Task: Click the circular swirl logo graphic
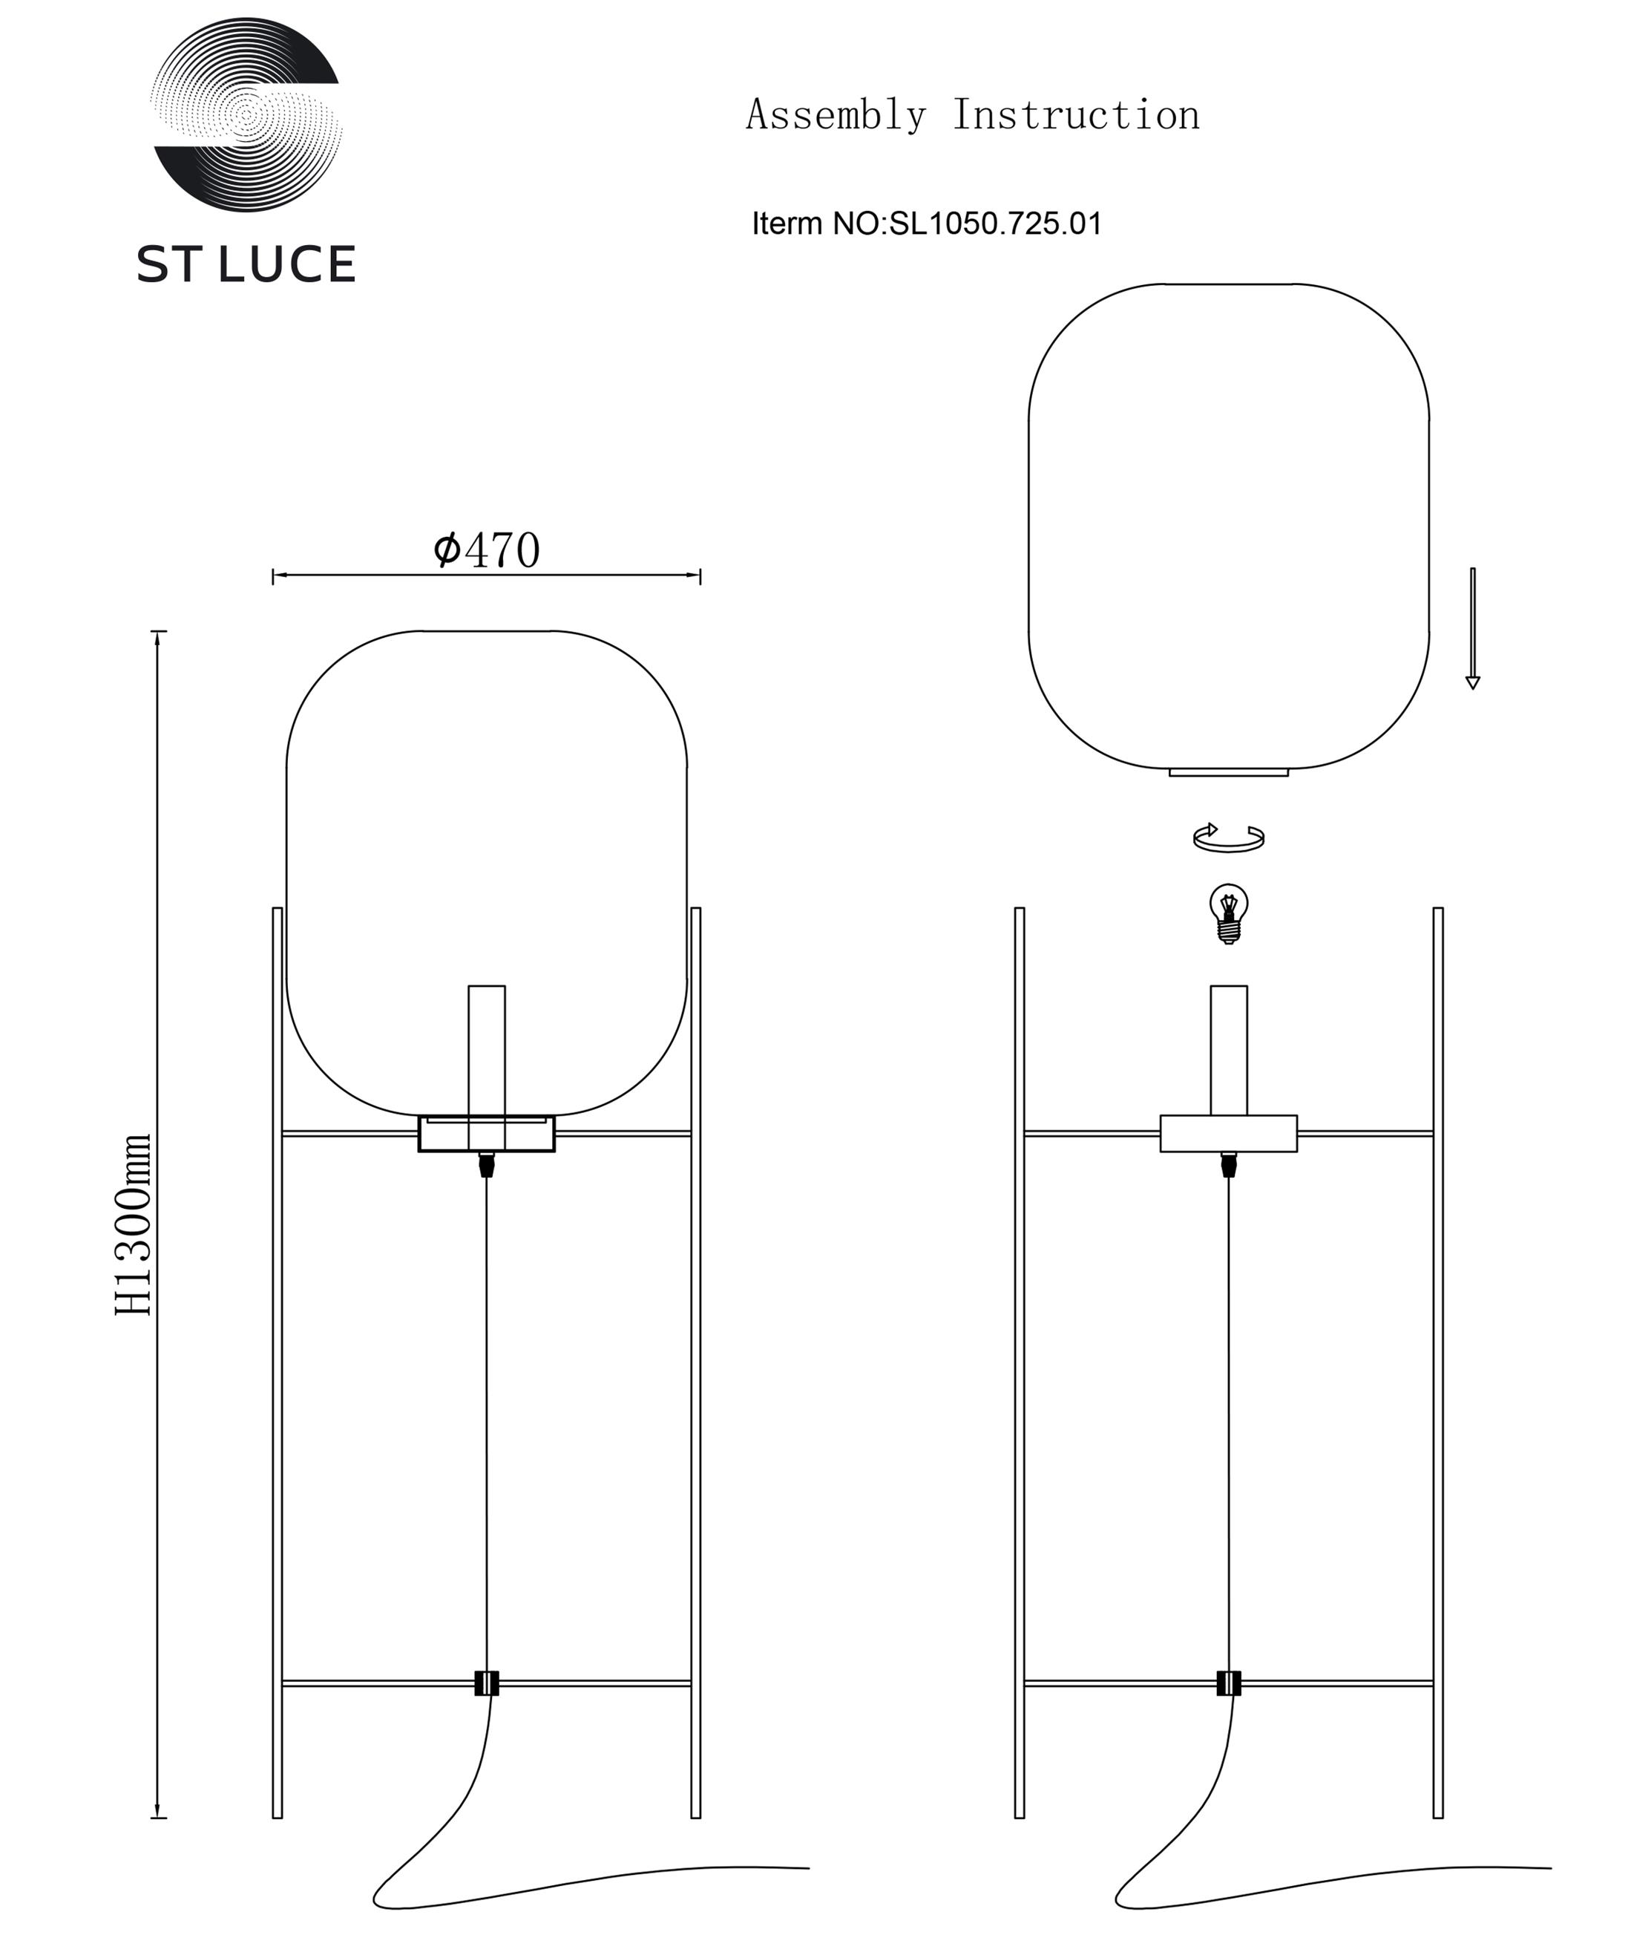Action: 246,114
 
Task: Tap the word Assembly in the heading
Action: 836,114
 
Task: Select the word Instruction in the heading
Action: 1075,114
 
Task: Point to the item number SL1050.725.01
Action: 995,223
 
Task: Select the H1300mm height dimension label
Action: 134,1224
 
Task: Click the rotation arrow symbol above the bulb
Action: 1228,838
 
